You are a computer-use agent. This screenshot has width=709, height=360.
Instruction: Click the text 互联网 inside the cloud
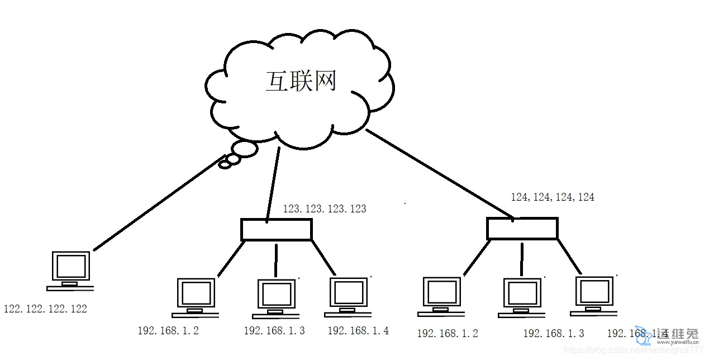click(x=301, y=82)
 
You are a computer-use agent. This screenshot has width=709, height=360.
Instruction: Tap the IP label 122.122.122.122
click(x=45, y=309)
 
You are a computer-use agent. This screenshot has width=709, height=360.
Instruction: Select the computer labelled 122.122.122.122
click(x=70, y=271)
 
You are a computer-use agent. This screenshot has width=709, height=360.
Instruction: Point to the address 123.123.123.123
click(x=325, y=209)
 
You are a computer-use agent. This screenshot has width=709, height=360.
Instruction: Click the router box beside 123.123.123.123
click(x=276, y=230)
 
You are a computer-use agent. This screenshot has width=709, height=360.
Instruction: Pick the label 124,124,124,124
click(x=553, y=197)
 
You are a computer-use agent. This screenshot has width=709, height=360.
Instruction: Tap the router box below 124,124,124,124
click(x=522, y=229)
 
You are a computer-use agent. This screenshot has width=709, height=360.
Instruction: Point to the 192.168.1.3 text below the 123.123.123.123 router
click(x=274, y=330)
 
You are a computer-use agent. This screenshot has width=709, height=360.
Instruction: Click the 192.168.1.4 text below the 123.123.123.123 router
click(x=358, y=330)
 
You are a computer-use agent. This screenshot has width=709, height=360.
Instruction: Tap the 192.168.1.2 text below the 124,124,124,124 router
click(x=448, y=333)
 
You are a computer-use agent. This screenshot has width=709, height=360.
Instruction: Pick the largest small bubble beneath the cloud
click(x=244, y=149)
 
